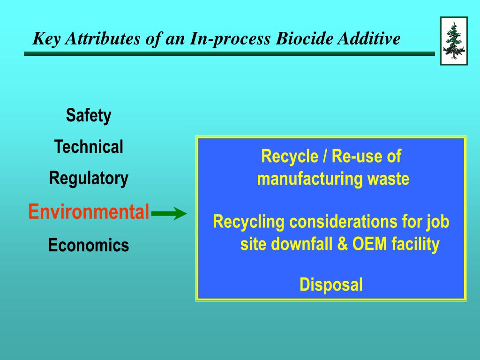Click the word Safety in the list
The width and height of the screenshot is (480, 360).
pos(89,115)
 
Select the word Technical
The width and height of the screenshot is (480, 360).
pos(89,147)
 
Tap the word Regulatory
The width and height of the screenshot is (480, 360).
pos(89,179)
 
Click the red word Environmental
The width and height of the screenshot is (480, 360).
pos(89,212)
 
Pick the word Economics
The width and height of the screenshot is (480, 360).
pos(89,245)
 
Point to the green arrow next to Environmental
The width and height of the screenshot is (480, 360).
pos(169,214)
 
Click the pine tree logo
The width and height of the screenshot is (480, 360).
pos(453,41)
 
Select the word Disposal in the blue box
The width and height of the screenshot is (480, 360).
pos(331,285)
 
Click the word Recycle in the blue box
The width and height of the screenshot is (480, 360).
pos(289,156)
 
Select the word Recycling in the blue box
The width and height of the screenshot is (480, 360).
pos(248,221)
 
